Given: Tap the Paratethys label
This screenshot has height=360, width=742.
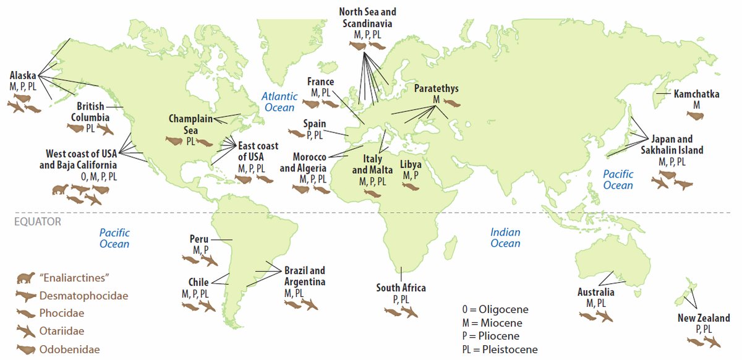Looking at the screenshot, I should coord(436,88).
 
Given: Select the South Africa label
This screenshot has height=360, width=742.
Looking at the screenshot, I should coord(401,288).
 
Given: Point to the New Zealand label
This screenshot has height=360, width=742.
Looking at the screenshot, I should coord(704,319).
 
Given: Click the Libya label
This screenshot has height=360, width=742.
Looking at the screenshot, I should coord(411,165).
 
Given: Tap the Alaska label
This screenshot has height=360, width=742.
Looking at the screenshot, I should coord(23,75).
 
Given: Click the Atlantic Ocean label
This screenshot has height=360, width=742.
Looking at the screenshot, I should coord(279,102).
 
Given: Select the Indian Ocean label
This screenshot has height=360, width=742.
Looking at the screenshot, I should coord(505,238).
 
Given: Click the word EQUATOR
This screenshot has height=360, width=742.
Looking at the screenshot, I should coord(37,221).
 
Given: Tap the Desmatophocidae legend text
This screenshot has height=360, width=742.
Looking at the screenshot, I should coord(83,296).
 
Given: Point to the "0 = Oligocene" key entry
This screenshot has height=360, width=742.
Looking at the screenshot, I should coord(495,309).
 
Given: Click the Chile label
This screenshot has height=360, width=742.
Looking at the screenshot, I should coord(198,283).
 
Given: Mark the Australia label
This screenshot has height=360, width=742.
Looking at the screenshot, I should coord(596,292).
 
